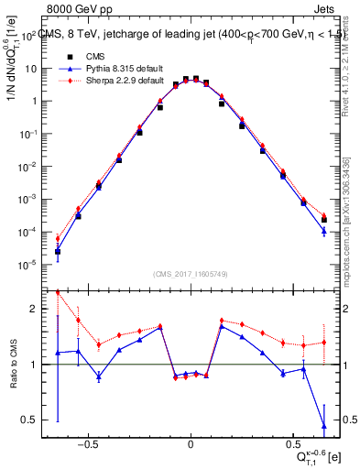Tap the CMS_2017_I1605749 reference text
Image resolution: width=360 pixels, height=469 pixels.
[x=190, y=274]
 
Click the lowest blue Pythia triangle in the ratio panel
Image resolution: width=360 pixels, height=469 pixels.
[x=324, y=425]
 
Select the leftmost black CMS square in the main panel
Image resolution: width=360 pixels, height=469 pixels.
[x=57, y=251]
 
